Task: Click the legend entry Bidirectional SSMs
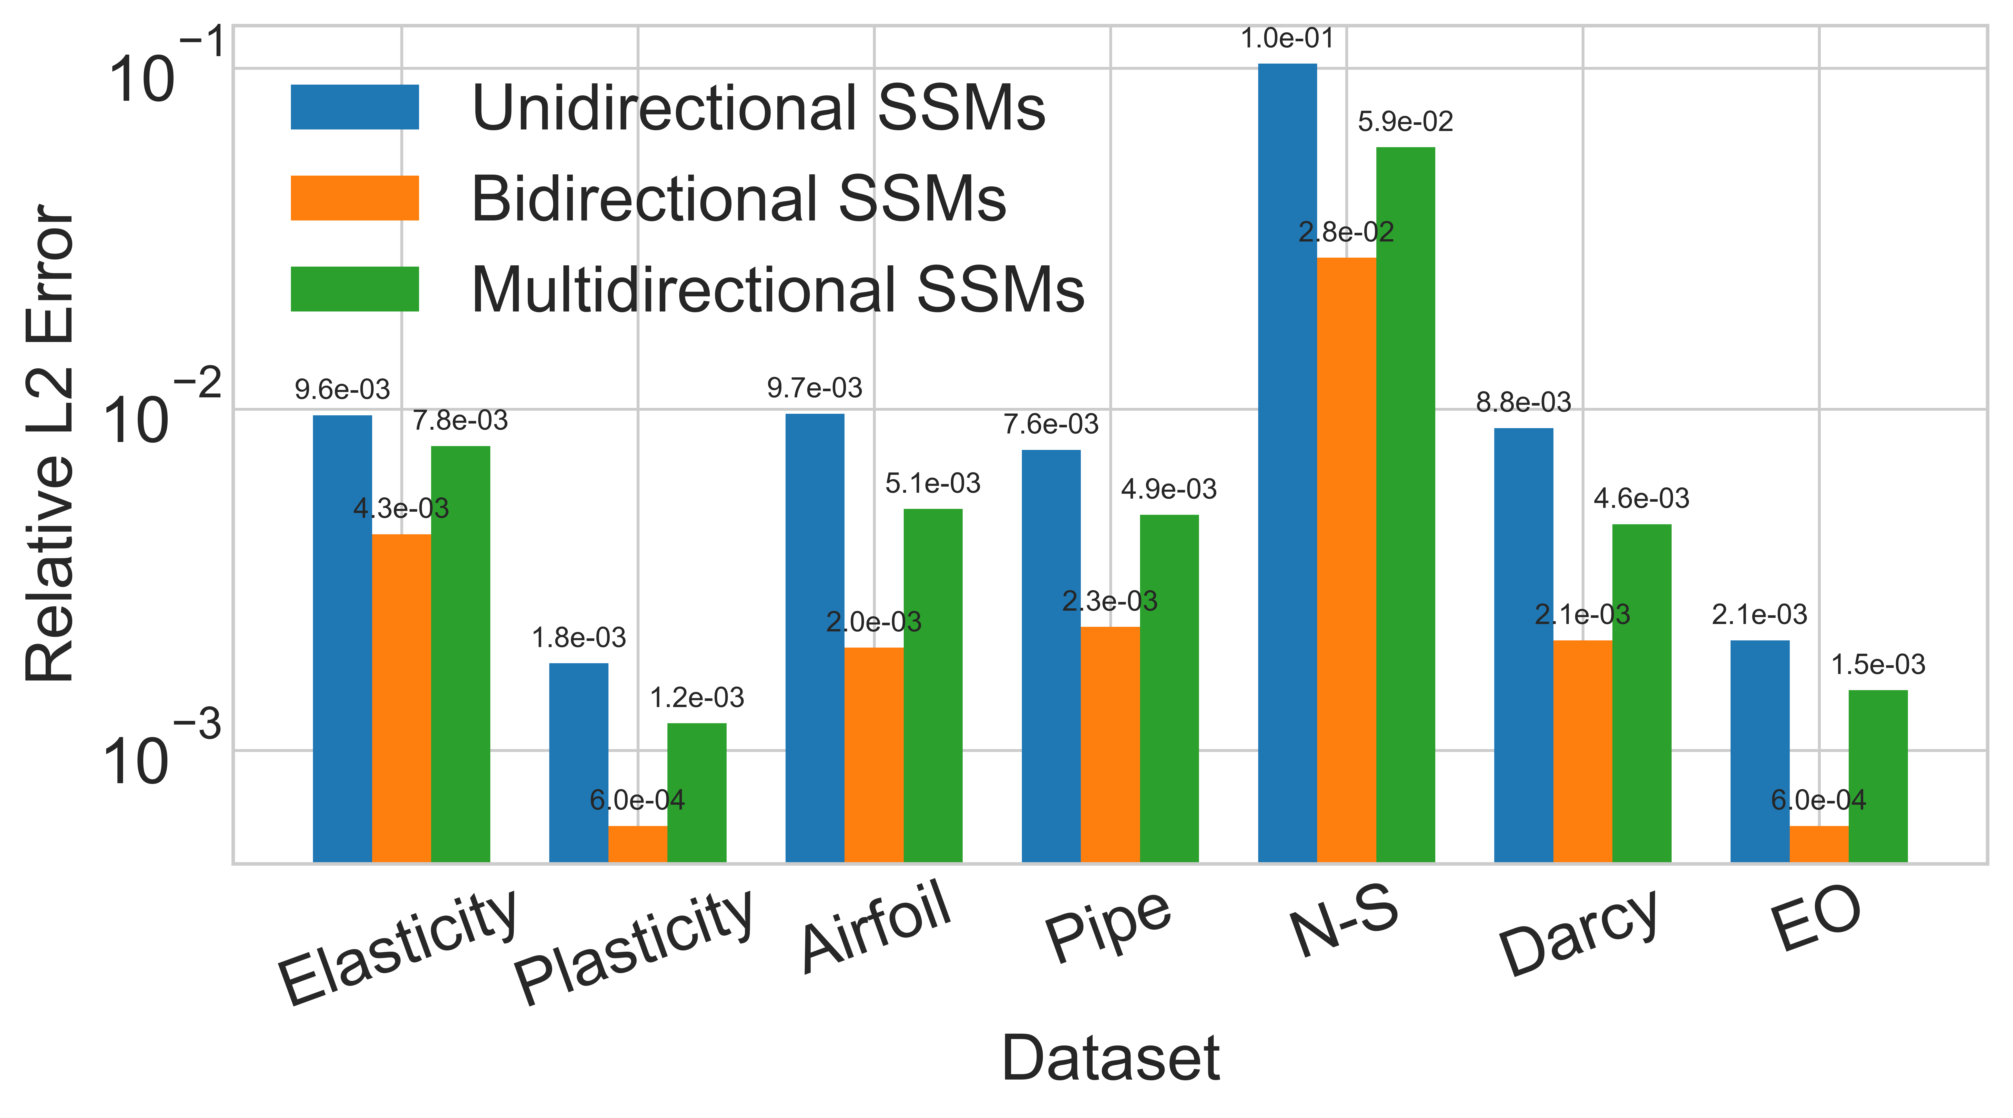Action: tap(738, 199)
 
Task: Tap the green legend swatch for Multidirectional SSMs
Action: tap(355, 289)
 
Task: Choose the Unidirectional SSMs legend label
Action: tap(758, 108)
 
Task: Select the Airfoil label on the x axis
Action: tap(875, 926)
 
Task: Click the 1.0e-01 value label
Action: tap(1287, 37)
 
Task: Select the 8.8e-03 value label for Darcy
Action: tap(1523, 402)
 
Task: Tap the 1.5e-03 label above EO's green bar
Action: tap(1878, 664)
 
